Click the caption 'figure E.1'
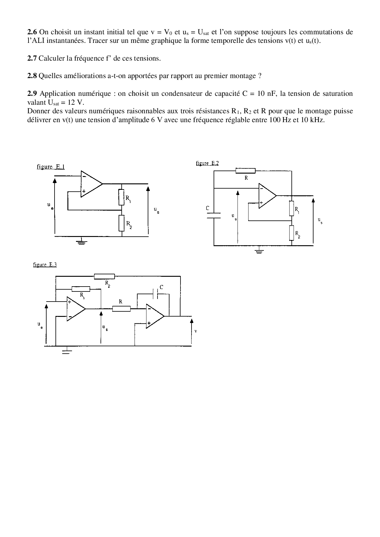(x=51, y=167)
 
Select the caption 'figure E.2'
(x=207, y=163)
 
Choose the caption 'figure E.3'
(x=45, y=265)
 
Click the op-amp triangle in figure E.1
(x=90, y=184)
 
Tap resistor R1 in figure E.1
(x=122, y=197)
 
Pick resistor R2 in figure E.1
(x=122, y=223)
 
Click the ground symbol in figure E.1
(x=81, y=242)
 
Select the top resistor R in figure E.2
(x=245, y=171)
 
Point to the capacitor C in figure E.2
(x=214, y=215)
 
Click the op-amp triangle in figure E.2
(x=266, y=196)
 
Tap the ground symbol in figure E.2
(x=259, y=251)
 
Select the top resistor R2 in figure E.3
(x=104, y=276)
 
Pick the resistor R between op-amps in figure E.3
(x=121, y=309)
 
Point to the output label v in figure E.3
(x=196, y=331)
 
